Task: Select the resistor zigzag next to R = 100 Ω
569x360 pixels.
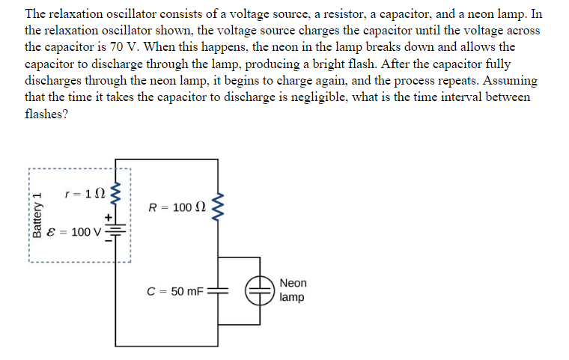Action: point(218,207)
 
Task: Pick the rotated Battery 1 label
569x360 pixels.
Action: point(34,215)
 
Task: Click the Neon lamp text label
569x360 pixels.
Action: point(293,290)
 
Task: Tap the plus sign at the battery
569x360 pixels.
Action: point(108,217)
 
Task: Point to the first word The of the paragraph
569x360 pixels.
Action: point(36,13)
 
